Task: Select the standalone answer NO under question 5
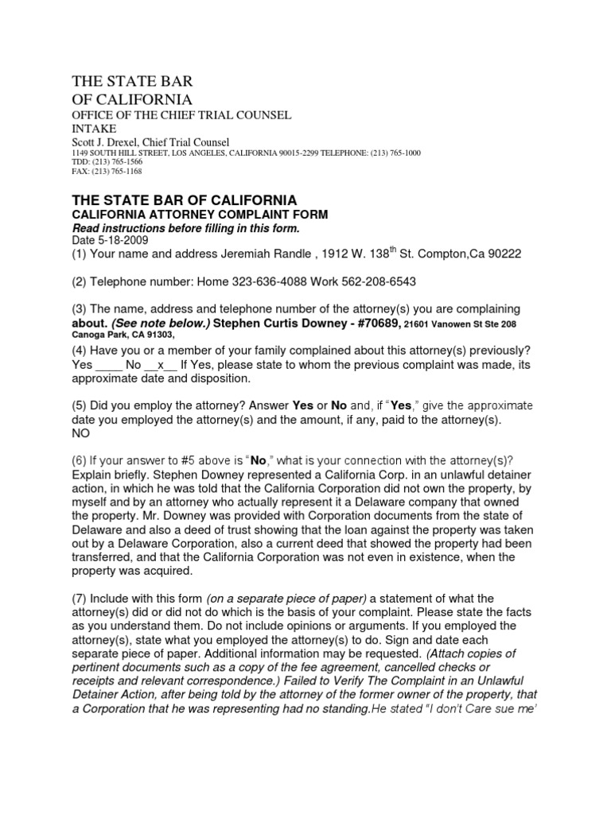pyautogui.click(x=81, y=434)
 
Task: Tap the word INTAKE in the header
pyautogui.click(x=94, y=129)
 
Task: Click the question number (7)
pyautogui.click(x=81, y=599)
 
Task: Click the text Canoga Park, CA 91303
pyautogui.click(x=116, y=335)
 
